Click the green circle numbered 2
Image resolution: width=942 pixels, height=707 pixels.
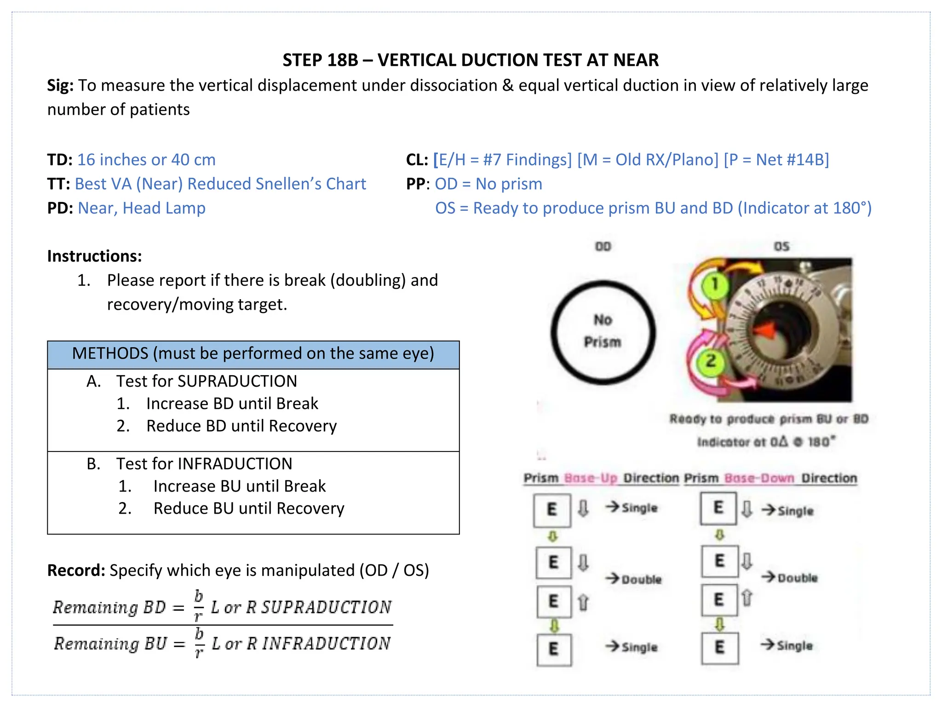point(711,361)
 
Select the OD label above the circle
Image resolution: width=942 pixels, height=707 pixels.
point(603,247)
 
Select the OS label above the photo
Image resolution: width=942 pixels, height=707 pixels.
point(781,247)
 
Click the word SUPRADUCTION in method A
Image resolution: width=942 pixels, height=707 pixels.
point(237,381)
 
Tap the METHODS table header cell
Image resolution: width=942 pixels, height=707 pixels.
point(253,354)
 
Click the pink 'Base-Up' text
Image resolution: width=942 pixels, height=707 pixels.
point(591,478)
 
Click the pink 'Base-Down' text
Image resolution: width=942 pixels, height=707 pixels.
point(759,478)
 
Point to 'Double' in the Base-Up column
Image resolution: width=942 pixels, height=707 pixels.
point(641,580)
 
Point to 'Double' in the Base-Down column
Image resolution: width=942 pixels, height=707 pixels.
point(797,578)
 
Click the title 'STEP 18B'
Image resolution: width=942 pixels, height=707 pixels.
point(320,60)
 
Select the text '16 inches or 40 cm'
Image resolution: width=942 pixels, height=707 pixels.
point(146,160)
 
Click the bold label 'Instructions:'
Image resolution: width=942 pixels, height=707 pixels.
point(94,256)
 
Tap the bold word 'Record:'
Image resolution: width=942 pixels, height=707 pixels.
point(76,570)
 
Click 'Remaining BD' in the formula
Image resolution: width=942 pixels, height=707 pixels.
point(109,608)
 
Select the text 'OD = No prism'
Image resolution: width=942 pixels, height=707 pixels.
point(488,184)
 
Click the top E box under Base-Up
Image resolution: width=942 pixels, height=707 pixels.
point(552,510)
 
